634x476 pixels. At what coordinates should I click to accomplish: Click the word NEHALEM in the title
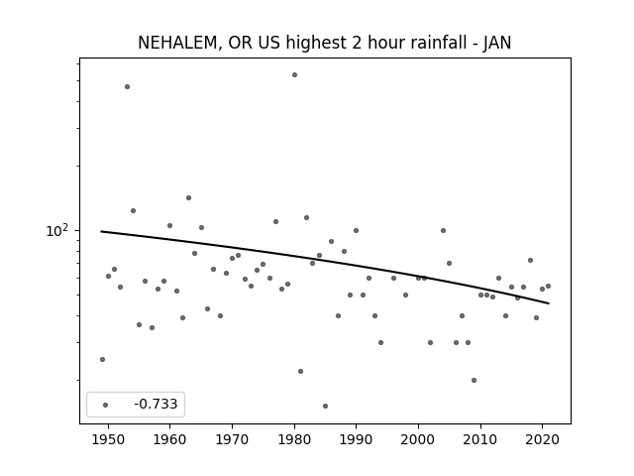[x=179, y=43]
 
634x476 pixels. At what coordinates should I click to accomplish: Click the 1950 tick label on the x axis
[x=108, y=439]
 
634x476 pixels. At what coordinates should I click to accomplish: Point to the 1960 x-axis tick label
[x=169, y=439]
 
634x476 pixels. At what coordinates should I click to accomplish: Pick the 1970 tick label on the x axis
[x=232, y=439]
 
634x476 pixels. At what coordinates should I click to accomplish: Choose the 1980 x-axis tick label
[x=294, y=439]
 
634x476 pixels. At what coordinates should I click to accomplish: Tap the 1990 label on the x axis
[x=357, y=439]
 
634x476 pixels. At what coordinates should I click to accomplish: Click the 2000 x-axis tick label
[x=418, y=439]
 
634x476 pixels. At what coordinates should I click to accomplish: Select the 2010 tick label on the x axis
[x=480, y=439]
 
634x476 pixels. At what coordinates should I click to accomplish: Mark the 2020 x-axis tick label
[x=543, y=439]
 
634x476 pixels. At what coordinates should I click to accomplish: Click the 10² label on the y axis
[x=57, y=230]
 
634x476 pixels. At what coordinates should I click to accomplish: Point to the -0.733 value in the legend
[x=156, y=404]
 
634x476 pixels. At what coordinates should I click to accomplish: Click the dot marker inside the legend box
[x=106, y=405]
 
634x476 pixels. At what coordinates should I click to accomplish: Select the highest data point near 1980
[x=295, y=75]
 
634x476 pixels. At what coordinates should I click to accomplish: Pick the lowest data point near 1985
[x=326, y=406]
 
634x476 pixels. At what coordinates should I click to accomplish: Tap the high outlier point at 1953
[x=128, y=86]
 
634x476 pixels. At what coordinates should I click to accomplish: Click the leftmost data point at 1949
[x=102, y=359]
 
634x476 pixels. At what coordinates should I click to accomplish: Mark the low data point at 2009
[x=474, y=380]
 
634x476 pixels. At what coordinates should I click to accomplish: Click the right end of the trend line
[x=549, y=303]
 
